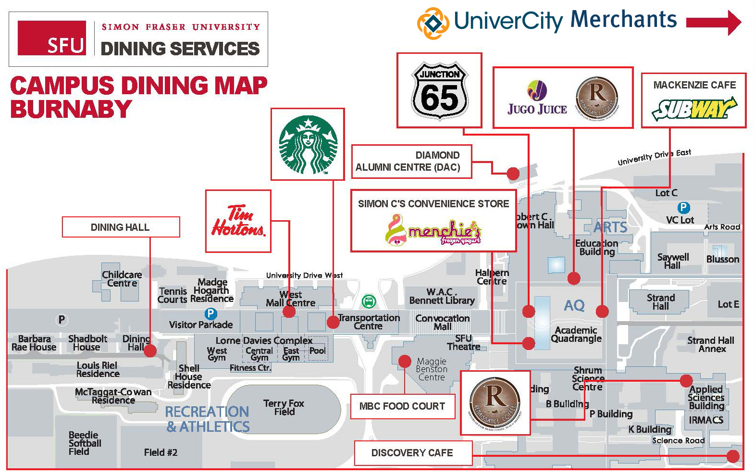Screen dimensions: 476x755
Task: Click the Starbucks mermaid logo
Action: coord(308,144)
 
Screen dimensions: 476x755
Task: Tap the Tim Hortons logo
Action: coord(238,221)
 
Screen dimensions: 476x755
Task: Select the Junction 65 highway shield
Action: coord(439,90)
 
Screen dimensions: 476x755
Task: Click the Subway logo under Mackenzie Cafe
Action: coord(694,109)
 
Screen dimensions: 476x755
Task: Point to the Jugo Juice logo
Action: coord(537,99)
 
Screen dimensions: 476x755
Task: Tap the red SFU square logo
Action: coord(52,38)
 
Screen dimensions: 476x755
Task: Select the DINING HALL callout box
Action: coord(121,227)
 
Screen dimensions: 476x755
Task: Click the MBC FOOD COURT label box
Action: coord(402,406)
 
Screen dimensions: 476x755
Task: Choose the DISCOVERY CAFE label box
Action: coord(412,453)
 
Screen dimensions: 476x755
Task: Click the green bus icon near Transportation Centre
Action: coord(369,302)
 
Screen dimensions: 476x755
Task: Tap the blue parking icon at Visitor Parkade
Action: coord(210,314)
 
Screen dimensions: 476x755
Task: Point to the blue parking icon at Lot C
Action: coord(683,208)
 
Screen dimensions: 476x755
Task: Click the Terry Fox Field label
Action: coord(284,407)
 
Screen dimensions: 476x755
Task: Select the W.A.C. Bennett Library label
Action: coord(442,296)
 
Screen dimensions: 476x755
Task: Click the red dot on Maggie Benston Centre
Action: coord(405,361)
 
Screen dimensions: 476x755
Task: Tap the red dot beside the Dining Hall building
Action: coord(150,351)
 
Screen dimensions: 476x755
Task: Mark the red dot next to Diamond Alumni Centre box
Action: coord(513,173)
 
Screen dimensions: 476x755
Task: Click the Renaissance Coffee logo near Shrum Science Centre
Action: coord(495,402)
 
